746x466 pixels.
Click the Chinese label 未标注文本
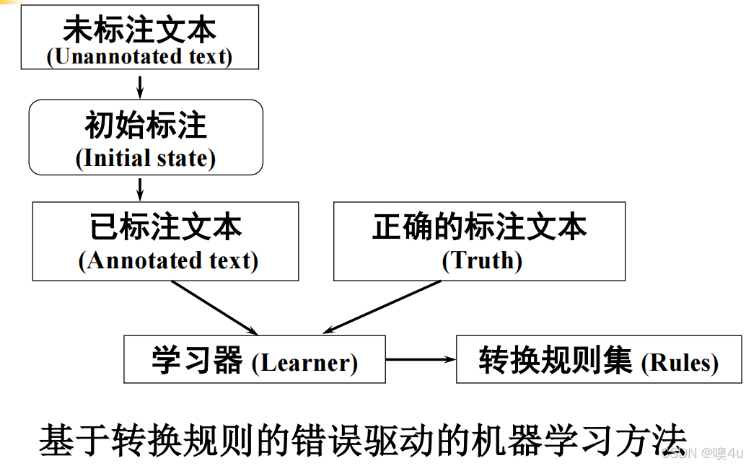point(139,30)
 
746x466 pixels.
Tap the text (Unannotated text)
point(139,56)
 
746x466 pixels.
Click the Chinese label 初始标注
point(146,126)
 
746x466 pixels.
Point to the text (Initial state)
point(146,158)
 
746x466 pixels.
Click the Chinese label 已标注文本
point(166,227)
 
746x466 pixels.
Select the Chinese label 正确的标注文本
point(480,227)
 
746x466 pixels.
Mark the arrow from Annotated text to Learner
point(214,307)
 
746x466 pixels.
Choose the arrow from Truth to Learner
point(382,307)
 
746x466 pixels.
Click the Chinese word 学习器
point(197,361)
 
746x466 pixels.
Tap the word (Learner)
point(304,363)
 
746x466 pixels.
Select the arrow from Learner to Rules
point(421,359)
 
